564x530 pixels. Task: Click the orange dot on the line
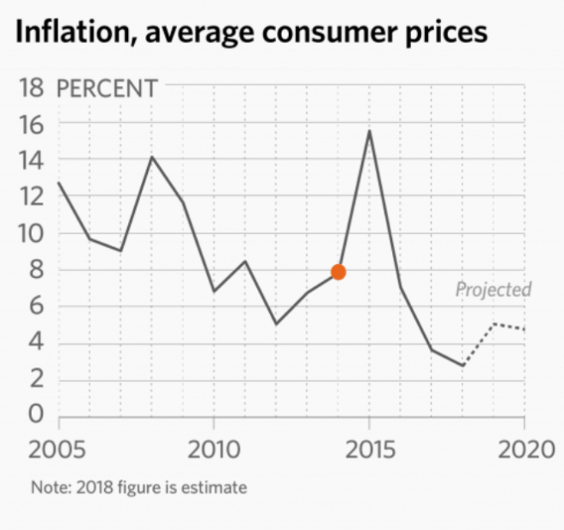(x=338, y=272)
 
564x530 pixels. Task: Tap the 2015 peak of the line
(x=369, y=131)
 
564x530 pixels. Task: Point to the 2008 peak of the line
(x=152, y=157)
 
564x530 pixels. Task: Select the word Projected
(x=493, y=289)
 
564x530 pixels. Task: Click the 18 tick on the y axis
(x=30, y=88)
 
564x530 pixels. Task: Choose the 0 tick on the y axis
(x=35, y=416)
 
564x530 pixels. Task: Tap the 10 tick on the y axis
(x=30, y=233)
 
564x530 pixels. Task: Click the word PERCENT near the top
(x=107, y=88)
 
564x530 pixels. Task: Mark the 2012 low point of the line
(x=276, y=324)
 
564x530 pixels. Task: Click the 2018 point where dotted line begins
(x=463, y=366)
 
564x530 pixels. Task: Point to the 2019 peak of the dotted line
(x=493, y=324)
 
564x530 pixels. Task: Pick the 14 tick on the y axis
(x=30, y=160)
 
